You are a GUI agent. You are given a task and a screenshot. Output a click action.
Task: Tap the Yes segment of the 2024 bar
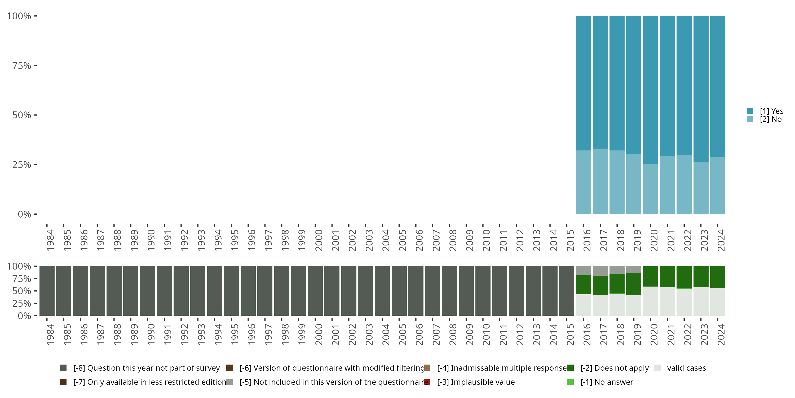(x=718, y=86)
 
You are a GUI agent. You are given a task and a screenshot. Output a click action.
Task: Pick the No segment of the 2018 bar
(x=617, y=182)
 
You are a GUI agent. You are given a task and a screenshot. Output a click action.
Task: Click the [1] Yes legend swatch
(x=750, y=111)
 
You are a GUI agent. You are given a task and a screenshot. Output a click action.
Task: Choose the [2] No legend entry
(x=770, y=119)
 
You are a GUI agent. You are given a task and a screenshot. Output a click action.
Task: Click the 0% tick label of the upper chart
(x=24, y=214)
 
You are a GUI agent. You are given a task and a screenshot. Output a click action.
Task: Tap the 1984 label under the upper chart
(x=50, y=240)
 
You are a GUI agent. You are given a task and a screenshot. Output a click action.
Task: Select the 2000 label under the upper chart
(x=319, y=240)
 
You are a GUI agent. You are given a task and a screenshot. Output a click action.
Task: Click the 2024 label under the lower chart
(x=721, y=334)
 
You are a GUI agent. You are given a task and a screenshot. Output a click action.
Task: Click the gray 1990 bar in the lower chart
(x=148, y=291)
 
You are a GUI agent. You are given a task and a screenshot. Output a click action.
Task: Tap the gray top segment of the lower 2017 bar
(x=600, y=271)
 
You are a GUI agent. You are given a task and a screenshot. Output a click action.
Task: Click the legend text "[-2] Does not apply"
(x=615, y=368)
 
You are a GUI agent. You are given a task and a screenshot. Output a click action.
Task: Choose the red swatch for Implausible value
(x=427, y=382)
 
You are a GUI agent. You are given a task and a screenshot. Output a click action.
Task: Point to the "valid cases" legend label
(x=686, y=368)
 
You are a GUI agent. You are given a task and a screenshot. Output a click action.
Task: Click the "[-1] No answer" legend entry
(x=606, y=382)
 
